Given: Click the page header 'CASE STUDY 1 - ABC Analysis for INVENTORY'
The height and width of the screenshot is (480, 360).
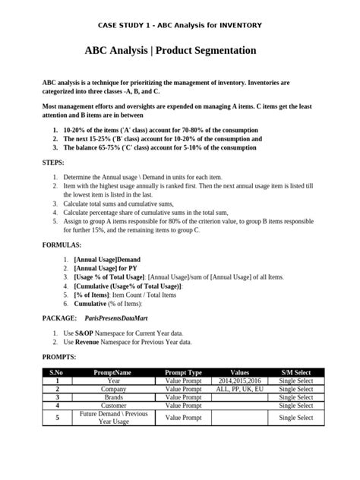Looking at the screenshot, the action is (x=180, y=25).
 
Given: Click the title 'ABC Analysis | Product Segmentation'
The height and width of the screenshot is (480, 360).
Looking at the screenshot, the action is (x=180, y=51).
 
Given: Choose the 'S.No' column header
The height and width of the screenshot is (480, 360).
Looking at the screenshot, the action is (x=55, y=372).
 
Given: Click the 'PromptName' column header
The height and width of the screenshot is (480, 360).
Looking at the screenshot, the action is (x=112, y=372).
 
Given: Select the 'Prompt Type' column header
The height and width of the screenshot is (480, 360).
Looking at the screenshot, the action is (x=183, y=372).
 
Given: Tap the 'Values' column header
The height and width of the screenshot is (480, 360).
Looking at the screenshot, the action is (x=239, y=372).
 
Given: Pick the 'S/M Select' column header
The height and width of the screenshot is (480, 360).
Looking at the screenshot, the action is (x=295, y=372).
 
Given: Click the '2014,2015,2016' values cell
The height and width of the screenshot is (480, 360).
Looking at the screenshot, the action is (x=239, y=381).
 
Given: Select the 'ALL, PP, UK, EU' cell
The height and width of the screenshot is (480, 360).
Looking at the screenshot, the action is (x=239, y=388).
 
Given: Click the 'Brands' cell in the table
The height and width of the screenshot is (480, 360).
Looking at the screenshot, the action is (x=113, y=396).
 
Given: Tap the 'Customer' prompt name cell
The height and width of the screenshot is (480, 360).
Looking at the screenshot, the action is (x=113, y=405).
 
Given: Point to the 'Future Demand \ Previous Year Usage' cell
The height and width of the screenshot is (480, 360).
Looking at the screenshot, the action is (x=113, y=417).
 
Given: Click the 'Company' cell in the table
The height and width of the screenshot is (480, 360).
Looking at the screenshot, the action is (x=113, y=388).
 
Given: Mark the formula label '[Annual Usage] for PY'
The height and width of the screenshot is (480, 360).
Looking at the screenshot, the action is (x=105, y=268).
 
